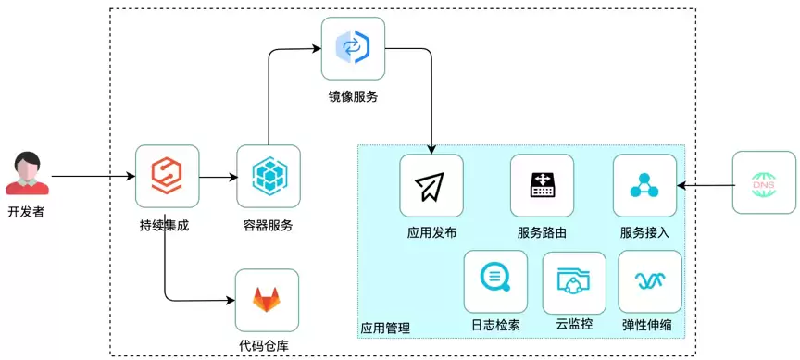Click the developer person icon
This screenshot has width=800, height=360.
click(28, 173)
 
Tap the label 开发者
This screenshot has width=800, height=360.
click(26, 212)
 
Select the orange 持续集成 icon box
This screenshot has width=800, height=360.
click(167, 177)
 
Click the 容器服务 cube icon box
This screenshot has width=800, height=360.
click(269, 177)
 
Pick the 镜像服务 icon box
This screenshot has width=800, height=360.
click(353, 48)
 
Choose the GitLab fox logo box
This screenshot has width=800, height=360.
click(267, 301)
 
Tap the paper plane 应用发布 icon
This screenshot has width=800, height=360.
click(431, 186)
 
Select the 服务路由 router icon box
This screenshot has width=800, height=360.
click(542, 186)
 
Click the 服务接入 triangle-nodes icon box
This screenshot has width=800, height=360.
click(644, 186)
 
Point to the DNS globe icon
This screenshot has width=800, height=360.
click(764, 182)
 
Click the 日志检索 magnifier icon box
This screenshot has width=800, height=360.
click(495, 281)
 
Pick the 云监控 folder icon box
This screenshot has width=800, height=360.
click(574, 282)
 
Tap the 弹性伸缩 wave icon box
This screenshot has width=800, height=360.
click(650, 281)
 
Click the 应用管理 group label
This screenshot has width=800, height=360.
click(385, 328)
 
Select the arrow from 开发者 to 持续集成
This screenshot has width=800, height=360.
click(94, 177)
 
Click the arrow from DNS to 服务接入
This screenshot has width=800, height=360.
click(706, 186)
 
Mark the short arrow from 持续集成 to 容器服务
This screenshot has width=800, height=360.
click(219, 177)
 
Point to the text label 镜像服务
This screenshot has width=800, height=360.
click(353, 96)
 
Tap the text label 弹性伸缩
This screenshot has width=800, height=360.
click(647, 325)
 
